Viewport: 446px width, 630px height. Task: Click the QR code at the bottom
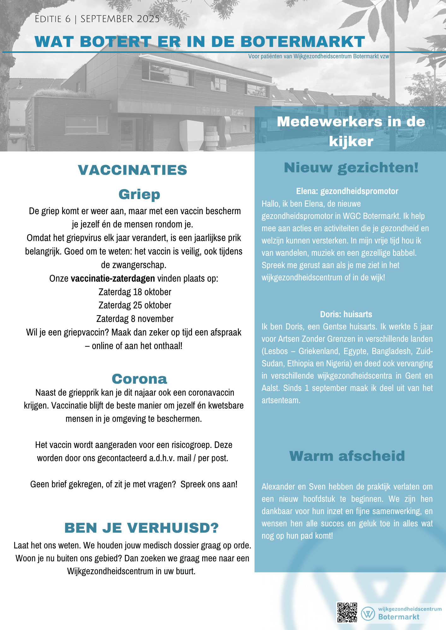point(347,612)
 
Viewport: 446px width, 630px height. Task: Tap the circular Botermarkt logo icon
point(368,613)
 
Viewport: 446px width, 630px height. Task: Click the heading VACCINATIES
point(132,170)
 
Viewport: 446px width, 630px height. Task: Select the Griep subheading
point(139,194)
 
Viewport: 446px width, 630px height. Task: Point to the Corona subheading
point(139,379)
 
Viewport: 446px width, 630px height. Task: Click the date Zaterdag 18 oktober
point(135,292)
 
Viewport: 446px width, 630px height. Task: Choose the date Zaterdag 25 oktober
point(135,305)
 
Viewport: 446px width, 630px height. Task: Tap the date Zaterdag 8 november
point(135,319)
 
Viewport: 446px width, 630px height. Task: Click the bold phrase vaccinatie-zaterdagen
point(113,278)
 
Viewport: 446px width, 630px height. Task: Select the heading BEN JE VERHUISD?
point(141,528)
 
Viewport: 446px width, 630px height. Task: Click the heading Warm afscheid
point(347,456)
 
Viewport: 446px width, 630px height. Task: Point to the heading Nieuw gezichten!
point(351,168)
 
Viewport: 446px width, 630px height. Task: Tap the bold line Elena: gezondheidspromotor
point(347,191)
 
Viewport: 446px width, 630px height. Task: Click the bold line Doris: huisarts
point(346,314)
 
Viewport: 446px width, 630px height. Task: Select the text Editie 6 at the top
point(53,19)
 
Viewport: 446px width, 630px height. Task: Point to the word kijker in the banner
point(351,141)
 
